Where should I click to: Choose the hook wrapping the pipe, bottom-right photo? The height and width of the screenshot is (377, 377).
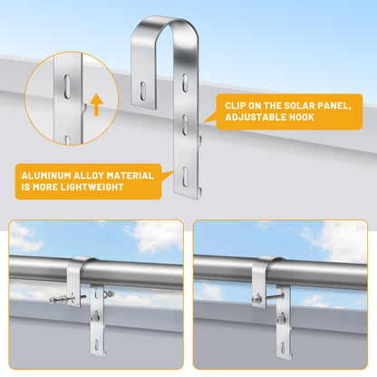click(265, 269)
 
